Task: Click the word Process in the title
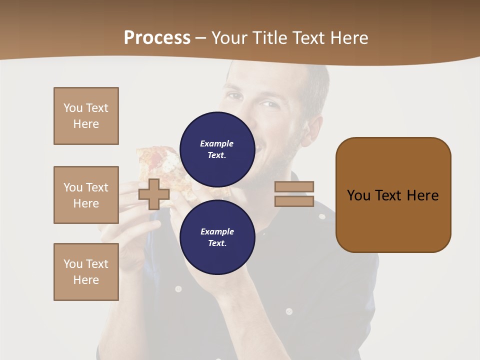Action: [x=157, y=37]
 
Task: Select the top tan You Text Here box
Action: [x=86, y=116]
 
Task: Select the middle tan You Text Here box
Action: [x=86, y=195]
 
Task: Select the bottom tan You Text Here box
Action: [x=86, y=272]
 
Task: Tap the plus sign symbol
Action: [x=154, y=194]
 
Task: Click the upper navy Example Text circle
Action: [x=217, y=149]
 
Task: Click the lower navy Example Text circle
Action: [x=217, y=237]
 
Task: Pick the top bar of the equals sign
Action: [x=294, y=186]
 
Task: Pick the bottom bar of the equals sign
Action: [x=294, y=201]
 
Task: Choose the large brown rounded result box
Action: [x=393, y=195]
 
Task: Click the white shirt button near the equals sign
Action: [x=322, y=216]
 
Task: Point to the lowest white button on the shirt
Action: [x=288, y=311]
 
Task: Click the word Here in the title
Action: [x=348, y=37]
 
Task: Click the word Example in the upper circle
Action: [x=217, y=143]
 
